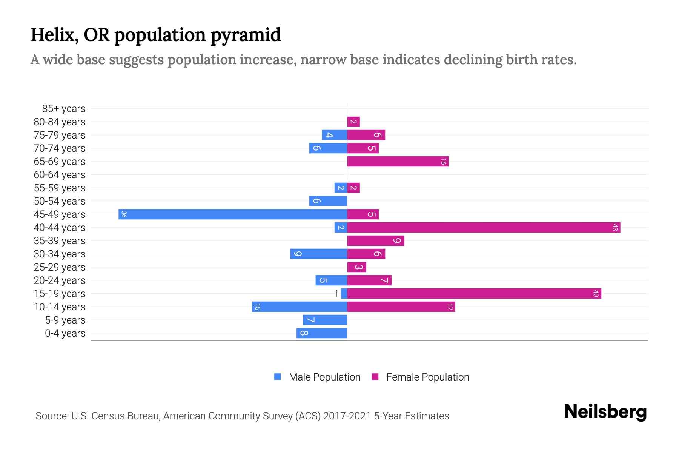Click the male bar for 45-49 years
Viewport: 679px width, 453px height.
click(233, 214)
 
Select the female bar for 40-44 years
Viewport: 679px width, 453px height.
click(484, 228)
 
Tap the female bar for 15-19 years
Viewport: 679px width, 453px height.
click(474, 294)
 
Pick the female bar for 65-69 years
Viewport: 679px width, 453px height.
click(398, 162)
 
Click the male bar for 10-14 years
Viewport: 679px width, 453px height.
click(300, 307)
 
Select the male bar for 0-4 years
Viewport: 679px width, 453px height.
click(322, 333)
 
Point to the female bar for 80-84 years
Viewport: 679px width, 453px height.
click(353, 122)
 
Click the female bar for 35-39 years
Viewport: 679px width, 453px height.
click(376, 241)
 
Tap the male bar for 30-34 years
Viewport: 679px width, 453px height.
click(318, 254)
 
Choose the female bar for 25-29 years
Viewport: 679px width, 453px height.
click(356, 267)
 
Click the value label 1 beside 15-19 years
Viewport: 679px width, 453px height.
click(336, 294)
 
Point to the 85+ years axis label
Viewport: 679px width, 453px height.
click(64, 109)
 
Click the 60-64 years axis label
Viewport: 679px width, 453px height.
click(60, 175)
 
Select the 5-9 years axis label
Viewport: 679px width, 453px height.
click(65, 320)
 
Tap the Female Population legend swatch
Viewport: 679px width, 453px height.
click(375, 377)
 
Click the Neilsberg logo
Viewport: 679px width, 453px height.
click(605, 412)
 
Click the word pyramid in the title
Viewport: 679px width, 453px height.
click(246, 35)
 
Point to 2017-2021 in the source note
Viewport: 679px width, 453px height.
click(347, 416)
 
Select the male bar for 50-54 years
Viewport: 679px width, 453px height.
click(328, 201)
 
